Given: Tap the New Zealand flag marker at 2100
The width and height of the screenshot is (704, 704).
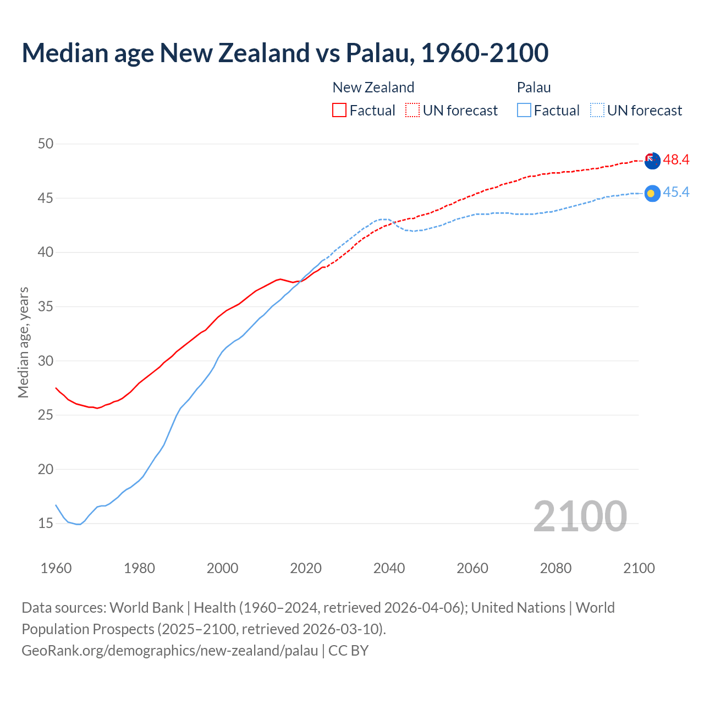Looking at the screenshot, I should (652, 161).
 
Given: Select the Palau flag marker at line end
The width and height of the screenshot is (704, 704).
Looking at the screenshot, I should (652, 193).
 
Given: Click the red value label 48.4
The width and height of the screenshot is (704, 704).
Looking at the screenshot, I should (676, 160).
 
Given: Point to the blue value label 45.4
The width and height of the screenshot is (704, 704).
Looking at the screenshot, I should (676, 193).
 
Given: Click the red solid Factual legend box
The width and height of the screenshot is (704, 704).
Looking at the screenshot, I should (339, 111).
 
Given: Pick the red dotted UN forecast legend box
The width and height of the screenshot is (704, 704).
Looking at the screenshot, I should (413, 111).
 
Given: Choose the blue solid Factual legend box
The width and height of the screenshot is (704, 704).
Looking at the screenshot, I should (524, 111).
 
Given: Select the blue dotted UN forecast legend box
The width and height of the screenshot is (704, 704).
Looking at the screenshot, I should (597, 111).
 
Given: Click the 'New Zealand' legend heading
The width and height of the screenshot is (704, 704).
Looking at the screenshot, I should (373, 87).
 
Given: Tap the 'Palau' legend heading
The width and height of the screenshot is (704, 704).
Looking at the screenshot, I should (533, 87).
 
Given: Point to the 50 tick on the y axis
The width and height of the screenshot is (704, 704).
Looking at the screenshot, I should (46, 144).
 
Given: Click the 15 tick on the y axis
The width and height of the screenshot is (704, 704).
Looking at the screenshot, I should (46, 524).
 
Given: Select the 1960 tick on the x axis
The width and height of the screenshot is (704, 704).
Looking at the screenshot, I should (56, 568).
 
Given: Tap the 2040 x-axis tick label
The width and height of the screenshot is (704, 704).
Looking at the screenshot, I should (389, 568).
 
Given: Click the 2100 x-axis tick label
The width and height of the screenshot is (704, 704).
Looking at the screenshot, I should (639, 568).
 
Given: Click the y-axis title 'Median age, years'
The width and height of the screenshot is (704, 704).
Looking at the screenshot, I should (23, 342).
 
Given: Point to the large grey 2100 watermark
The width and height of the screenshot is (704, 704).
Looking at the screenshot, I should (580, 516).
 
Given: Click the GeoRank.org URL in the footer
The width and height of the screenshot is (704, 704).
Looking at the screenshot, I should (169, 651).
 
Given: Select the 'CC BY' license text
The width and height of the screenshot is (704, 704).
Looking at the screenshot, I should (348, 651).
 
